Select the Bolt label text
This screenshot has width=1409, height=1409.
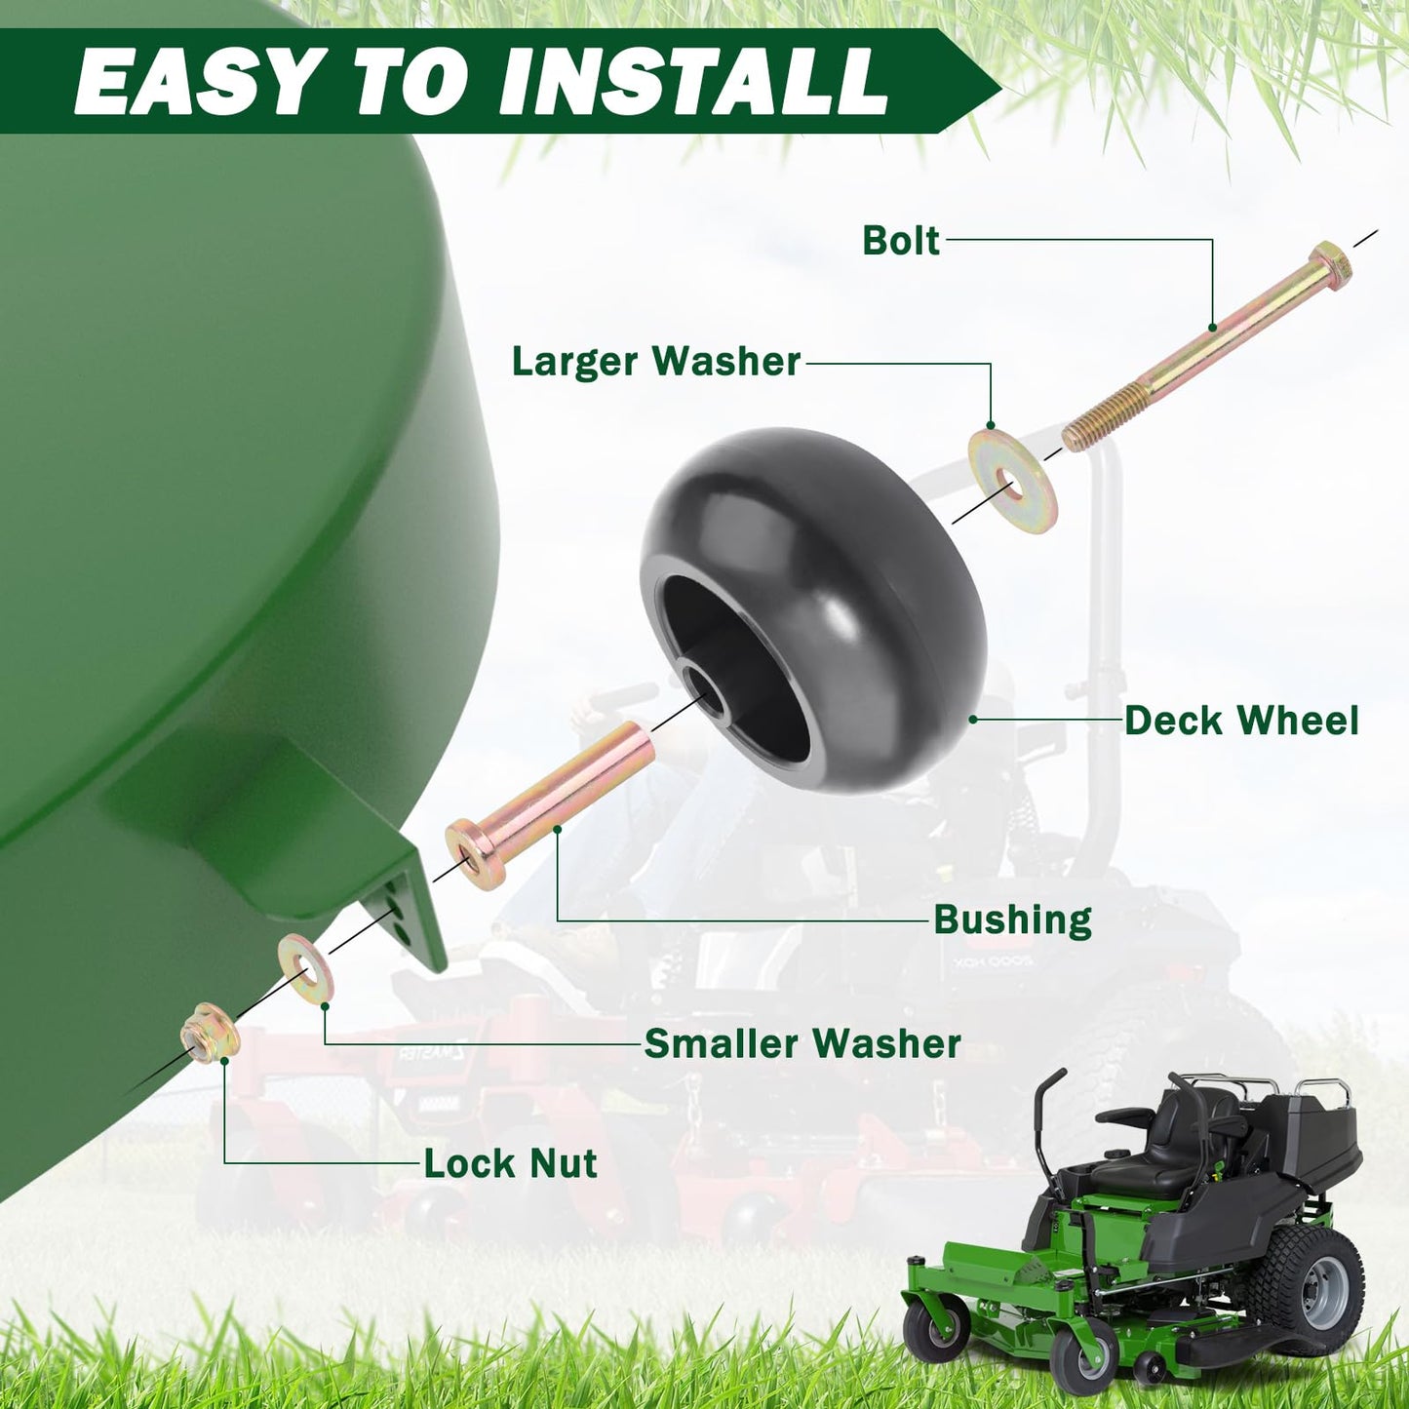[901, 241]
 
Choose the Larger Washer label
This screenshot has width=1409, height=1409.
[656, 362]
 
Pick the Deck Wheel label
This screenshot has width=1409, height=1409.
[1241, 721]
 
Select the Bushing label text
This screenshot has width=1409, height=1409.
[1012, 920]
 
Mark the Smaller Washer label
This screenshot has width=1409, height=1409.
[802, 1043]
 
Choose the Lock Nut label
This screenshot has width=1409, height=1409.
[510, 1163]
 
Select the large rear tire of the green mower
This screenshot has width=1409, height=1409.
[1308, 1288]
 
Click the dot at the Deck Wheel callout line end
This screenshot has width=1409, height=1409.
[972, 720]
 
